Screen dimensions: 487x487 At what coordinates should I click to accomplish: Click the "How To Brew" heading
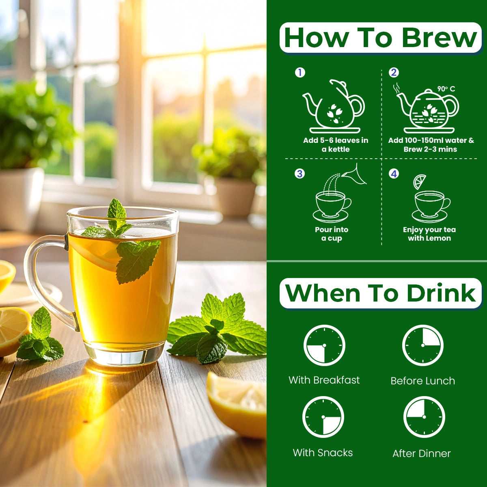pos(380,38)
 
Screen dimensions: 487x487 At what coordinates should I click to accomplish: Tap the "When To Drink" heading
pos(380,293)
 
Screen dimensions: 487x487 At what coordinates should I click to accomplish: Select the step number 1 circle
pos(300,73)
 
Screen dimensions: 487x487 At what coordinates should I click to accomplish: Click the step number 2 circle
pos(394,73)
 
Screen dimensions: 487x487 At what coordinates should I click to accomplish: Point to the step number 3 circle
pos(300,174)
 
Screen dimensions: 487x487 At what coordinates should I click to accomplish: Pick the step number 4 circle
pos(394,174)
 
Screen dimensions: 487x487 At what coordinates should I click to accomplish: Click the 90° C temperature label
pos(446,89)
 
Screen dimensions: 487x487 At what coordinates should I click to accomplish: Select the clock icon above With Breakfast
pos(324,346)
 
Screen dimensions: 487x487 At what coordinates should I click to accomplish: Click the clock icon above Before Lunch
pos(423,346)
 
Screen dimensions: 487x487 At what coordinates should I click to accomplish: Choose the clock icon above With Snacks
pos(323,417)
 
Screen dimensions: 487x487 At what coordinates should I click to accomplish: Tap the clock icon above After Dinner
pos(424,417)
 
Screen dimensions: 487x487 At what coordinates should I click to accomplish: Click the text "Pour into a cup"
pos(332,234)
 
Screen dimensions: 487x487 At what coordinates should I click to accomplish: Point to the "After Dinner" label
pos(422,454)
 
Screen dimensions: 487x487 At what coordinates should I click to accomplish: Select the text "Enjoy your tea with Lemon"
pos(429,234)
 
